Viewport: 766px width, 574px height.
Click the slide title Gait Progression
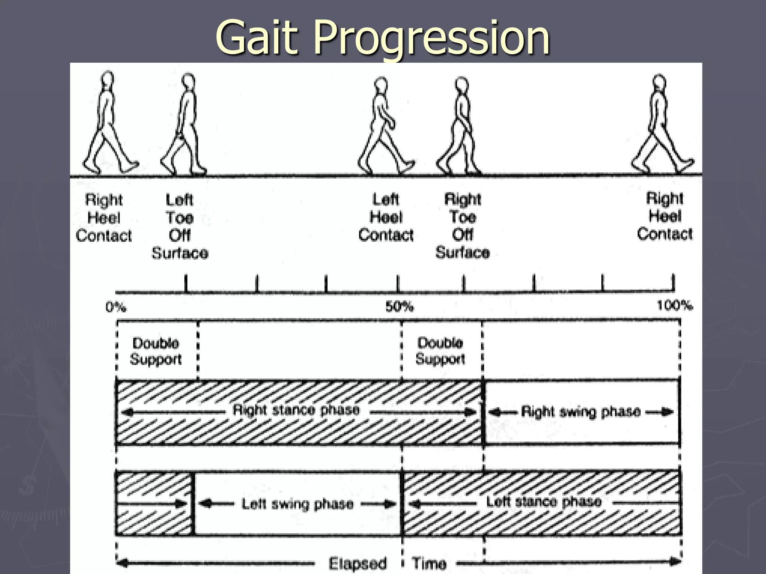pyautogui.click(x=382, y=37)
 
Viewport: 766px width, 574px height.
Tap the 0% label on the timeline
pyautogui.click(x=116, y=307)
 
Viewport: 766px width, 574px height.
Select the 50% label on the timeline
pyautogui.click(x=399, y=307)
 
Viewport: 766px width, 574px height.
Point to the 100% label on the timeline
pyautogui.click(x=674, y=306)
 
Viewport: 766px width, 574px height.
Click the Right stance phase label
pyautogui.click(x=296, y=410)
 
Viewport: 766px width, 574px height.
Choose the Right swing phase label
pyautogui.click(x=580, y=412)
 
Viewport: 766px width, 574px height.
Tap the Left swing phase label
pyautogui.click(x=297, y=504)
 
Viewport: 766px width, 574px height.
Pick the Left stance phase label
pyautogui.click(x=543, y=501)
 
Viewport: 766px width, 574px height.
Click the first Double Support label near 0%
pyautogui.click(x=156, y=351)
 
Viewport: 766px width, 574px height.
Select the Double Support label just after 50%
pyautogui.click(x=440, y=351)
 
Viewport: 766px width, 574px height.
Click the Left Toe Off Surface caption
pyautogui.click(x=180, y=226)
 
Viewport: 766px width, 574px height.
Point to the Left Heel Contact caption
pyautogui.click(x=386, y=217)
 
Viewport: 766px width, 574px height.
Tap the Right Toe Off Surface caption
pyautogui.click(x=463, y=226)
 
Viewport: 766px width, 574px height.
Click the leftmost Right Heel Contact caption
pyautogui.click(x=104, y=217)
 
